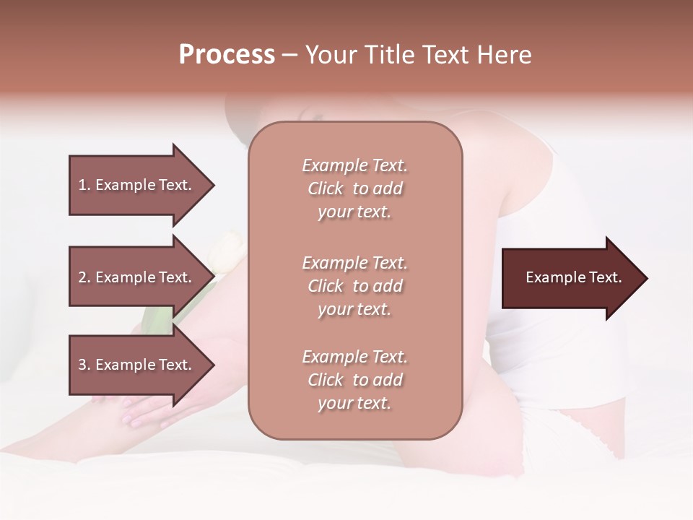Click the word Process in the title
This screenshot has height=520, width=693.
227,55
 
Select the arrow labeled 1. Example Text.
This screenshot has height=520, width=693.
137,185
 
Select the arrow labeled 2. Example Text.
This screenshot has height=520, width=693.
137,277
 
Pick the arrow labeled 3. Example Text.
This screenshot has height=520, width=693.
137,365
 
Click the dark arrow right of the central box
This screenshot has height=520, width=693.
570,278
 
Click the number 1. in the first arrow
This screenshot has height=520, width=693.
84,185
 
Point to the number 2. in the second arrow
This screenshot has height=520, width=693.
84,277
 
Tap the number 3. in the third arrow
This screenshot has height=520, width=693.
84,365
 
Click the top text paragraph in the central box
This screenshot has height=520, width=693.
355,188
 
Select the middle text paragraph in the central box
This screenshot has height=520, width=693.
355,286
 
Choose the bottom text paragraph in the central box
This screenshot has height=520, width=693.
355,380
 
